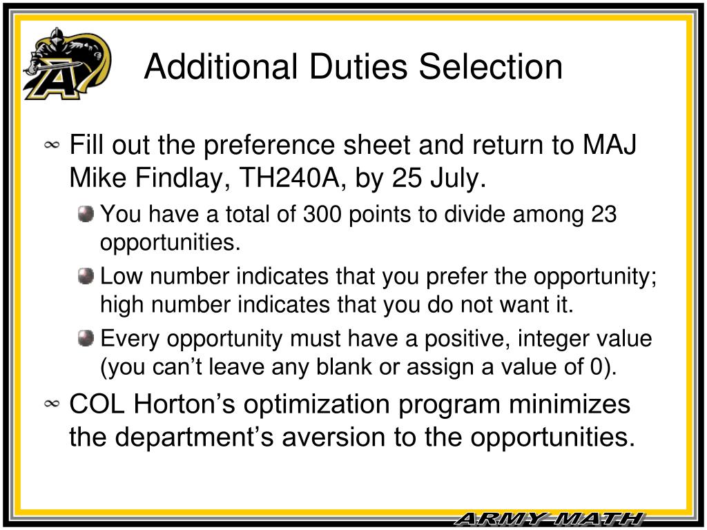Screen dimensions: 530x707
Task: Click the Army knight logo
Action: tap(66, 63)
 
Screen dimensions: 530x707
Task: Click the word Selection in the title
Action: tap(491, 67)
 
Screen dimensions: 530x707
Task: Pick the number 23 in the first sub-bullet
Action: tap(603, 215)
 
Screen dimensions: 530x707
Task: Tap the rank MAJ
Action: tap(610, 146)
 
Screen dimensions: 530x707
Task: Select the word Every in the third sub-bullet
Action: tap(130, 339)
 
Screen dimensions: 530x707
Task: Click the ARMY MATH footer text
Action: tap(549, 519)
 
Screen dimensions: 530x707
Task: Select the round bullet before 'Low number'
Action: tap(86, 277)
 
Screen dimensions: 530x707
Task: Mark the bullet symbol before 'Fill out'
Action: tap(52, 146)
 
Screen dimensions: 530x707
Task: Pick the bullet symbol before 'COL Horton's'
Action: tap(52, 404)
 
